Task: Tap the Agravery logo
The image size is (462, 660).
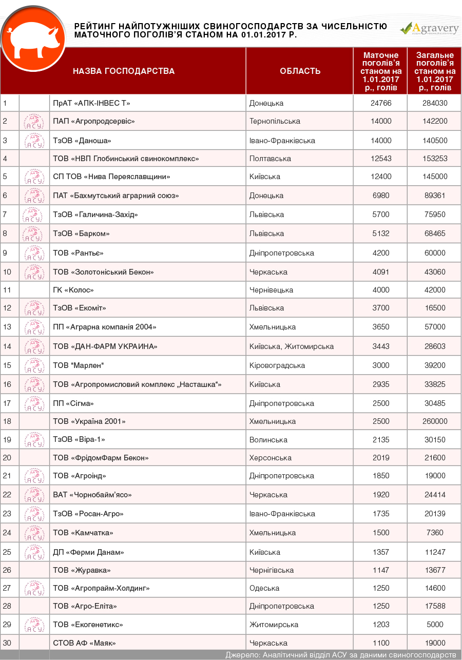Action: pyautogui.click(x=429, y=29)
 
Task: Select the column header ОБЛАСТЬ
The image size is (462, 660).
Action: pyautogui.click(x=300, y=71)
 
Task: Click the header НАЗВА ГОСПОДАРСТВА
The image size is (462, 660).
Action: pyautogui.click(x=123, y=71)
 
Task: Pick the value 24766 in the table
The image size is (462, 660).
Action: pyautogui.click(x=380, y=103)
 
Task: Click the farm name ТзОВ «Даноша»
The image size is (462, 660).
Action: pyautogui.click(x=82, y=140)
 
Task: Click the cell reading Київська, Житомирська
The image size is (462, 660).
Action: pyautogui.click(x=291, y=346)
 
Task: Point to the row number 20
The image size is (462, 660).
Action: pyautogui.click(x=7, y=458)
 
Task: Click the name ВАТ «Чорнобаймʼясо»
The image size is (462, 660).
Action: pyautogui.click(x=92, y=495)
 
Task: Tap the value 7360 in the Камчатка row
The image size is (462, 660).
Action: pyautogui.click(x=434, y=533)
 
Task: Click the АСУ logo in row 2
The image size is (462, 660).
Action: pyautogui.click(x=34, y=122)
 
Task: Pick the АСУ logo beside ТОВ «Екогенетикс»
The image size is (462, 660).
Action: pyautogui.click(x=34, y=625)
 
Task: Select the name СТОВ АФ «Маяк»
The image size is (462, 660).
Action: pyautogui.click(x=84, y=643)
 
